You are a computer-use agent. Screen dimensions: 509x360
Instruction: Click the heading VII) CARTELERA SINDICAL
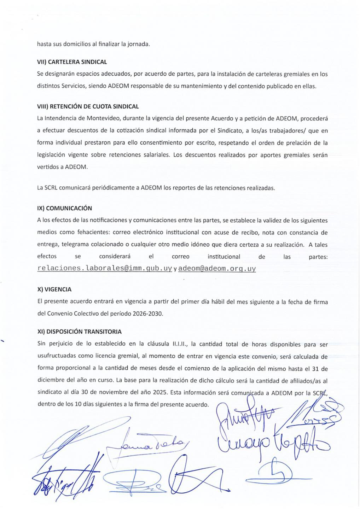pos(72,62)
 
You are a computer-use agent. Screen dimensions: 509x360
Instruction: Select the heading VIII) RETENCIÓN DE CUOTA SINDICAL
pos(88,106)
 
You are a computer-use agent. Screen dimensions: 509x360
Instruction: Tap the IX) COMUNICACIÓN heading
pos(64,208)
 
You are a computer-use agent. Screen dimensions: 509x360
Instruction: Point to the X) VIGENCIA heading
pos(54,289)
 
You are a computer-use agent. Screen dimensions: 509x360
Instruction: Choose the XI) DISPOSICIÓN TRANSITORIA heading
pos(79,332)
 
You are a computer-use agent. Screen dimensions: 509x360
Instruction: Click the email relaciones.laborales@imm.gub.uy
pos(105,268)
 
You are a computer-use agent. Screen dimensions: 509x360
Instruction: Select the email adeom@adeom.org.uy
pos(217,268)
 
